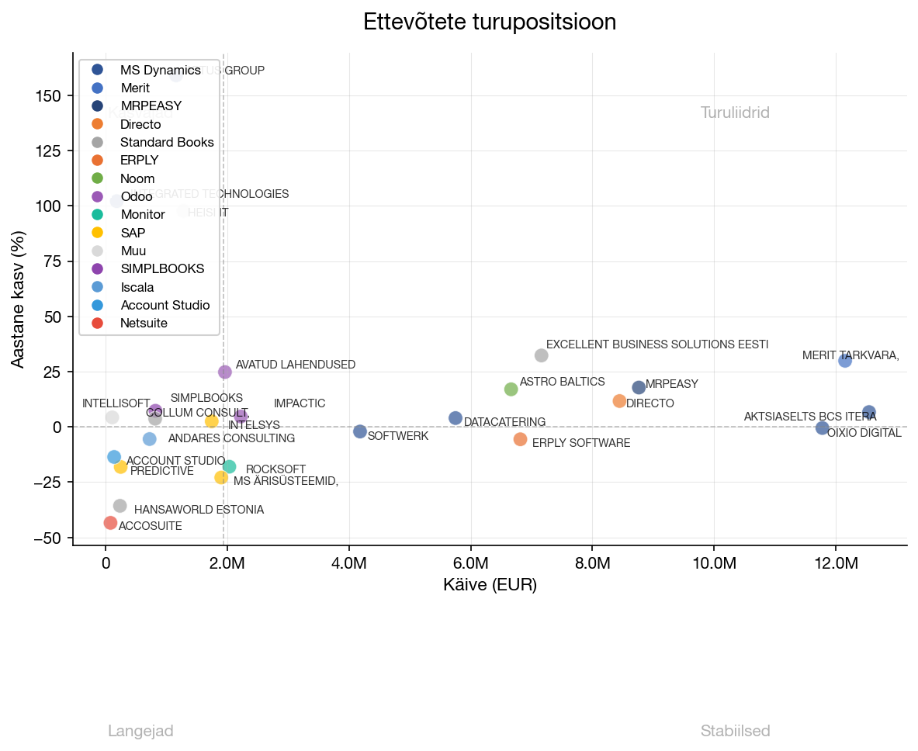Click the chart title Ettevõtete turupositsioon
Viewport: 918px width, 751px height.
[490, 22]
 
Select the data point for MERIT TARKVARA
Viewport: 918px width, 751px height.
[845, 361]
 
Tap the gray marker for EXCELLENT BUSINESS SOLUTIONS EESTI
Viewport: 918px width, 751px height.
[542, 355]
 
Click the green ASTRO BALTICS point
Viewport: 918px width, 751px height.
[511, 389]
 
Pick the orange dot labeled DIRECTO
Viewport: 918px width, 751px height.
[619, 401]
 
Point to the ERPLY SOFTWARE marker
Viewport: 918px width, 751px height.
[520, 439]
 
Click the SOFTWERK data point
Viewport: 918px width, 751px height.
[360, 431]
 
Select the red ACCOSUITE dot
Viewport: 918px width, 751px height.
[110, 523]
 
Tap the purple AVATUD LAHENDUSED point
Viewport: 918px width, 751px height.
[225, 372]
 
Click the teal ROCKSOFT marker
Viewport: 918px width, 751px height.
[230, 466]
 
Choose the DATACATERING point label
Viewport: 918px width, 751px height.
[504, 422]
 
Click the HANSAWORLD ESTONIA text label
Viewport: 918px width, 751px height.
[199, 510]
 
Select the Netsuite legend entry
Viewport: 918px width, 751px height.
[144, 323]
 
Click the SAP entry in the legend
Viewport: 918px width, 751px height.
[133, 233]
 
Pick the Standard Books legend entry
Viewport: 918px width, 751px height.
[166, 143]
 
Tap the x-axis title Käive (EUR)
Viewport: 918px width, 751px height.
[490, 585]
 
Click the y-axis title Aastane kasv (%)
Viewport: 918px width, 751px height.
[19, 299]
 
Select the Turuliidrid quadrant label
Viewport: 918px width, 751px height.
[735, 113]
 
